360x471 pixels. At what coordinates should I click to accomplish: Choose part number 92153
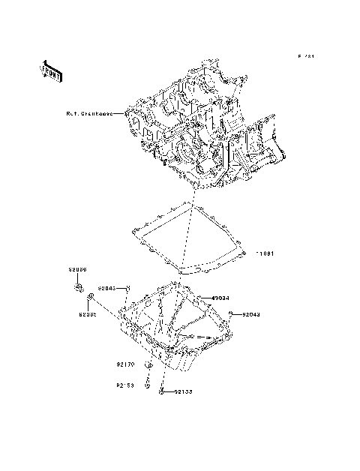(x=124, y=387)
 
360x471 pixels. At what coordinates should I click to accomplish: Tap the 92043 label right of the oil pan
(x=250, y=315)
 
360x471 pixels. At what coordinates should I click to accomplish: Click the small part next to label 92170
(x=148, y=365)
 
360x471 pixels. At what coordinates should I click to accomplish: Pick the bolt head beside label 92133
(x=162, y=391)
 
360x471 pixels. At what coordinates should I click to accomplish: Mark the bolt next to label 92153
(x=149, y=383)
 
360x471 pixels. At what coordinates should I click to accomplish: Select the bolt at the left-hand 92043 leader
(x=129, y=288)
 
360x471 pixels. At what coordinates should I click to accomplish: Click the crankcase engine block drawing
(x=202, y=135)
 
